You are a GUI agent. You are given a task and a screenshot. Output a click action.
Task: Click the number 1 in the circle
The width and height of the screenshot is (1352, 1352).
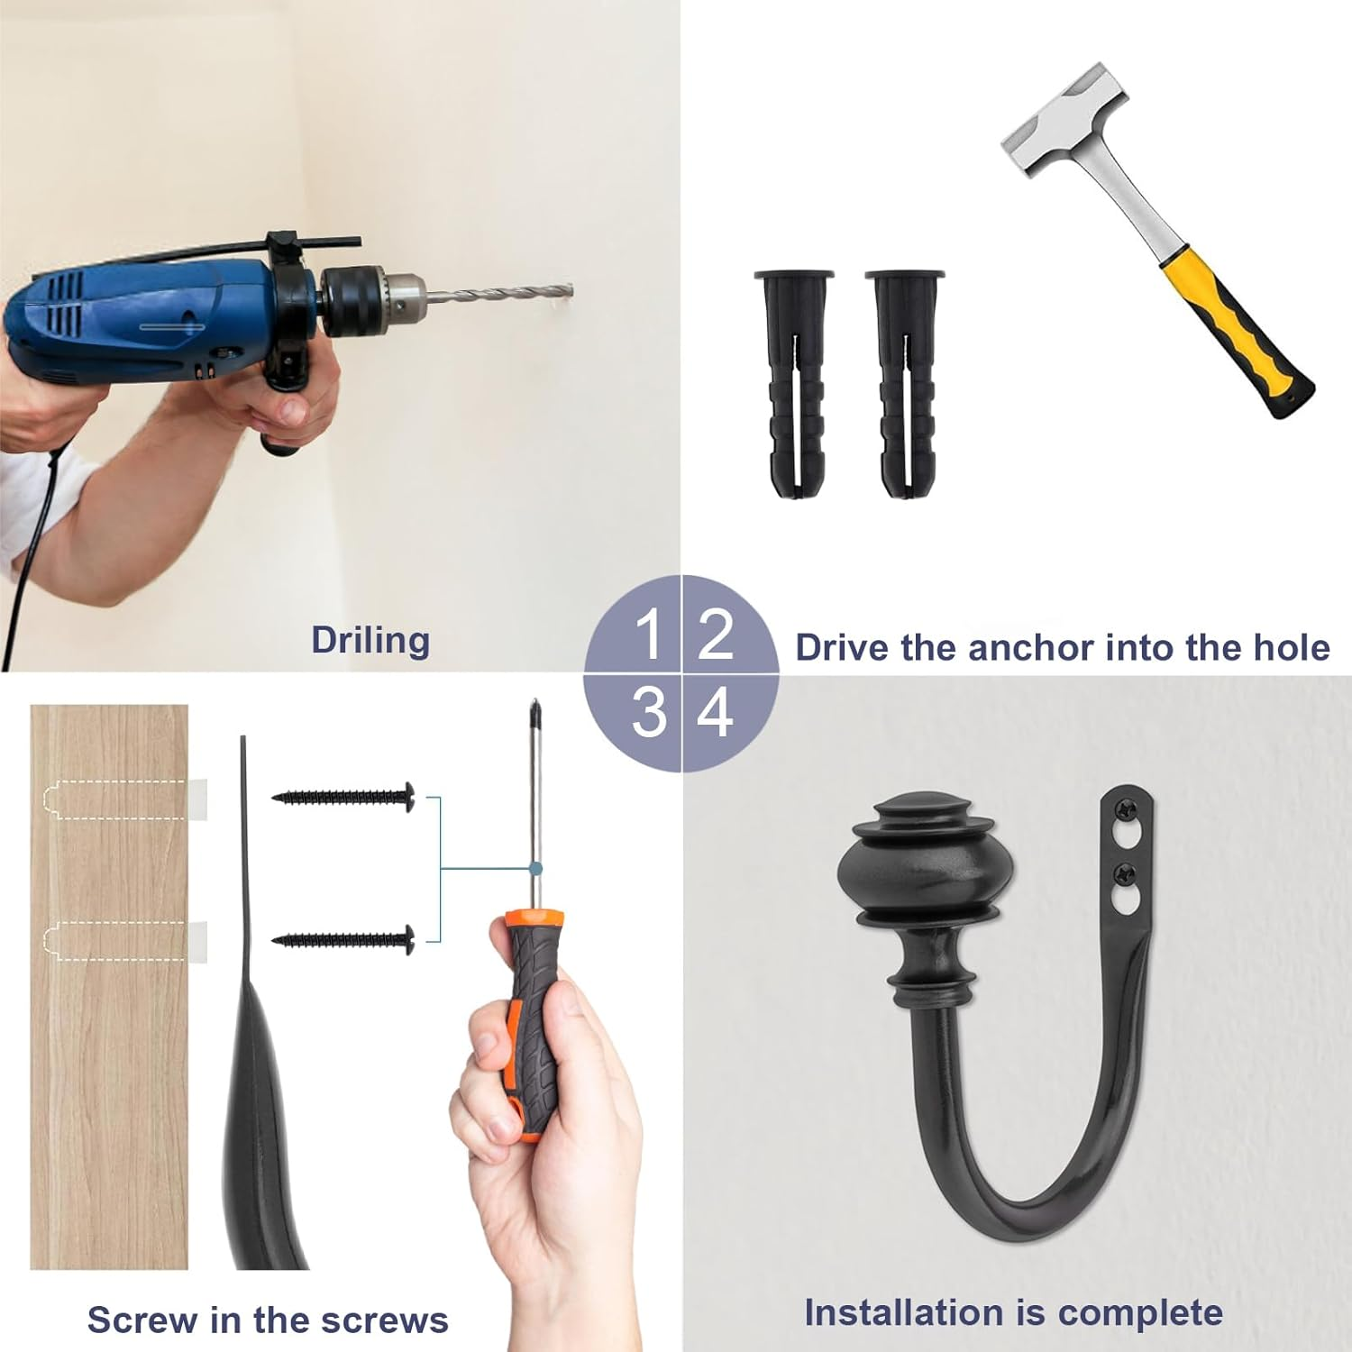(649, 635)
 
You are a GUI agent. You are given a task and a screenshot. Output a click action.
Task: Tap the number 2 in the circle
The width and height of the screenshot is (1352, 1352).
(717, 635)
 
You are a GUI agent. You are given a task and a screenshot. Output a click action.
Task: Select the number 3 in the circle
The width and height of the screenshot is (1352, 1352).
(649, 712)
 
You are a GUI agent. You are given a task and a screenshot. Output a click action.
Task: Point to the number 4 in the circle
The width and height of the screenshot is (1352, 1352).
(717, 712)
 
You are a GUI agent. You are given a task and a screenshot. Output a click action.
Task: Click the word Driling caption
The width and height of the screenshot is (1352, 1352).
(370, 641)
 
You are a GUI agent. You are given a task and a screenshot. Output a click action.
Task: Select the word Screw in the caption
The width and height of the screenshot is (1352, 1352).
(142, 1320)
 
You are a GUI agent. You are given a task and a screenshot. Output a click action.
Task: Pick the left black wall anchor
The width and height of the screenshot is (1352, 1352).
(794, 383)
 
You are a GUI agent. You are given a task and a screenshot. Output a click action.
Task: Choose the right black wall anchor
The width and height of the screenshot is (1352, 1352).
(904, 383)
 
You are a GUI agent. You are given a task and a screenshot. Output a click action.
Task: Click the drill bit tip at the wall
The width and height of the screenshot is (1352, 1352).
(566, 290)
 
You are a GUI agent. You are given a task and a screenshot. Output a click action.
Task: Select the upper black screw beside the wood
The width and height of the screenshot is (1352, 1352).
(344, 797)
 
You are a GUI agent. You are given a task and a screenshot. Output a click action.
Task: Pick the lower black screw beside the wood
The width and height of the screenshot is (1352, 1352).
(344, 940)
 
